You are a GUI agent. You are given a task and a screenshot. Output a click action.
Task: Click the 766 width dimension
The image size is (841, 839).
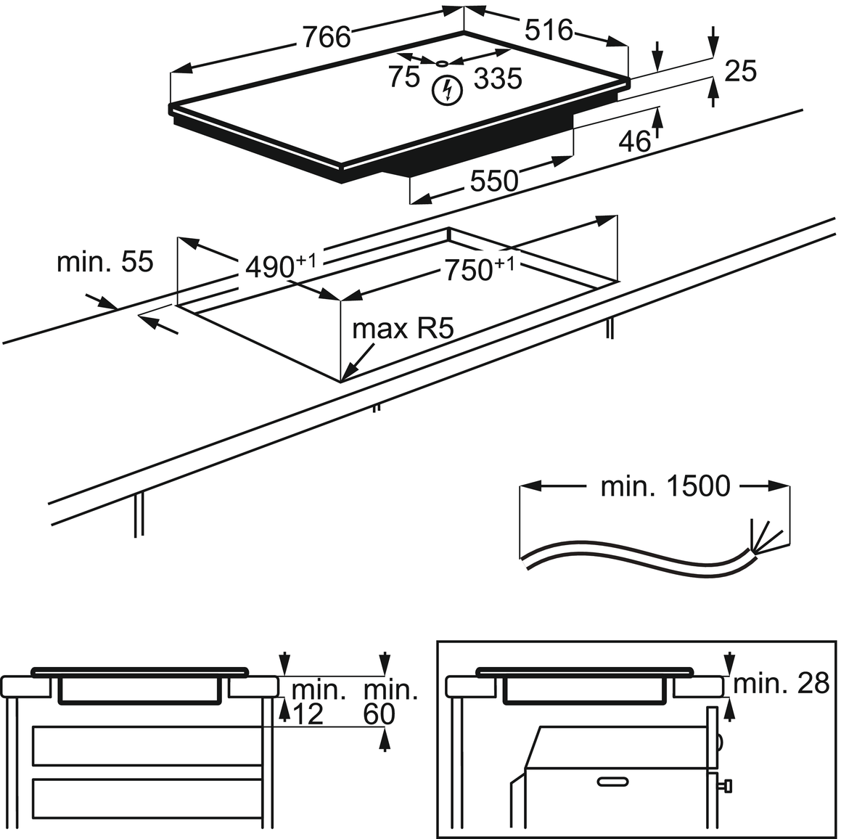pos(327,36)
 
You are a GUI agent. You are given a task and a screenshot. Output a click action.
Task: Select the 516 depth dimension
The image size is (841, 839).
pos(549,30)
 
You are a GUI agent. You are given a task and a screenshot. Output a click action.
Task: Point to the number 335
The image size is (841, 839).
pos(498,78)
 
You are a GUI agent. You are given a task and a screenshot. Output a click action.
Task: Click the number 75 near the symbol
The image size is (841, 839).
pos(404,76)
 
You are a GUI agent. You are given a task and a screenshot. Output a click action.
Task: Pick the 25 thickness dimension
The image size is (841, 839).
pos(741,70)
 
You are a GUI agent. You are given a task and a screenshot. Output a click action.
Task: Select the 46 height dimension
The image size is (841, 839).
pos(635,142)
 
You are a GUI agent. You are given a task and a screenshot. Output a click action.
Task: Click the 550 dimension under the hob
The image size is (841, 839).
pos(494,181)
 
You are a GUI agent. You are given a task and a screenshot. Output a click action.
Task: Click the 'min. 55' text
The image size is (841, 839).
pos(105,261)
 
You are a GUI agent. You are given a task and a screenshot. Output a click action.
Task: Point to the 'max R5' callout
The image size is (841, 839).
pos(403,329)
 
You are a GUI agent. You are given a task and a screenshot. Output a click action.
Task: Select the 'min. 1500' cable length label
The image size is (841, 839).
pos(665,486)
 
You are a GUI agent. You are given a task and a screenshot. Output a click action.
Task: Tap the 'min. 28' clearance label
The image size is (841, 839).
pos(781,683)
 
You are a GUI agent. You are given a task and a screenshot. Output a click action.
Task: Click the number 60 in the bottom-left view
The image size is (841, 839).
pos(380,715)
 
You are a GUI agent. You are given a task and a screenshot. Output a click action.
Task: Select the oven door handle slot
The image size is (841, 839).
pos(615,781)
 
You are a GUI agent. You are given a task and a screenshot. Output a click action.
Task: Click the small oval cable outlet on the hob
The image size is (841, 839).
pos(442,63)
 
